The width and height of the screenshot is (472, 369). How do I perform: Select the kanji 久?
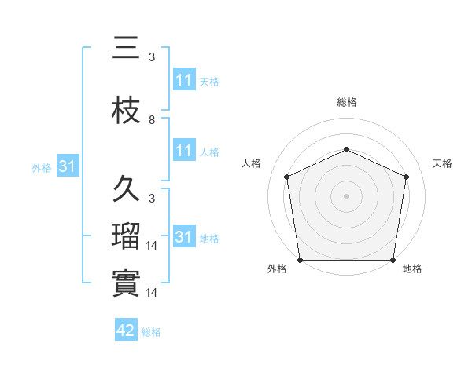(x=126, y=190)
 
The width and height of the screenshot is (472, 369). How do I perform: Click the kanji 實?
(x=126, y=283)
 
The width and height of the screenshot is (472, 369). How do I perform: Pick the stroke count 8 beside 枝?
(x=152, y=120)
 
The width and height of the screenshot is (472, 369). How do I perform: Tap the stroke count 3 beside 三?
(x=152, y=57)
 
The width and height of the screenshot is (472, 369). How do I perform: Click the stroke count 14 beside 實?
(x=154, y=293)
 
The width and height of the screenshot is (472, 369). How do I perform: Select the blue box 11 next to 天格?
(x=184, y=80)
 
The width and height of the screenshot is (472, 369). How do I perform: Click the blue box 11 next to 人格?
(x=184, y=151)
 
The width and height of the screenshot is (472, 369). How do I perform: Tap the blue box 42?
(x=126, y=331)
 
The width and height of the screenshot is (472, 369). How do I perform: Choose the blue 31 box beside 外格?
(x=67, y=166)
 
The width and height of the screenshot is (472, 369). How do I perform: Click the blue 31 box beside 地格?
(x=184, y=237)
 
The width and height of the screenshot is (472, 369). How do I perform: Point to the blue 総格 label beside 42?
(x=151, y=332)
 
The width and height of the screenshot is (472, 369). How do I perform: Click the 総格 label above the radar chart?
(x=346, y=102)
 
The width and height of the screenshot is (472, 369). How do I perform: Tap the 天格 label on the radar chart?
(x=442, y=163)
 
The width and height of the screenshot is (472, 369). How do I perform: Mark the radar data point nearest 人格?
(x=287, y=177)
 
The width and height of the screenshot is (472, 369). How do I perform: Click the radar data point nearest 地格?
(x=393, y=260)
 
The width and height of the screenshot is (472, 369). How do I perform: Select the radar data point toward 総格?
(x=346, y=149)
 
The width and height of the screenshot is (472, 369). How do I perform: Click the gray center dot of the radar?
(x=346, y=195)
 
